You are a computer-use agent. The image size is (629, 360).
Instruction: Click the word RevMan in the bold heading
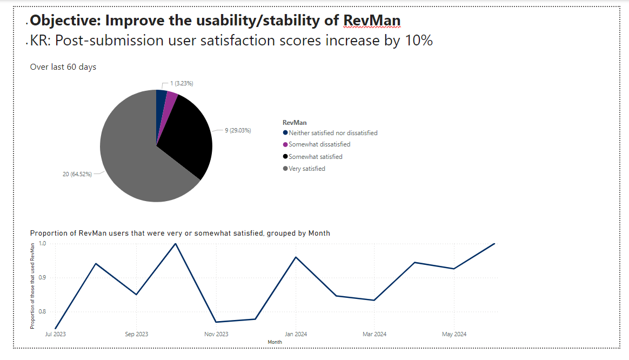click(x=372, y=21)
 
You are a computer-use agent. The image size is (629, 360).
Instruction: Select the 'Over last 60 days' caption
click(x=63, y=67)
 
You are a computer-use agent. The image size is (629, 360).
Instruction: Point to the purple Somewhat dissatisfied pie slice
click(x=171, y=99)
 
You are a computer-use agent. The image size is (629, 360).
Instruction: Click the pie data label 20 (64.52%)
click(x=76, y=174)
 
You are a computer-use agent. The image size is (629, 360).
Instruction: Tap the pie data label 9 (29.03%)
click(x=238, y=131)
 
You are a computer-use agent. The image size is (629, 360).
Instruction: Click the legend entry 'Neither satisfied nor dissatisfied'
click(x=333, y=133)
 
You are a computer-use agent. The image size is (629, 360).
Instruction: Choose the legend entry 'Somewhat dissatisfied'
click(x=319, y=145)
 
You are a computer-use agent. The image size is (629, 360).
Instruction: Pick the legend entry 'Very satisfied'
click(x=307, y=169)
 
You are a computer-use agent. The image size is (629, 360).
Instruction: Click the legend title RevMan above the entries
click(x=295, y=123)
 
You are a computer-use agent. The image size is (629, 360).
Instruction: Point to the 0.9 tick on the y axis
click(x=43, y=278)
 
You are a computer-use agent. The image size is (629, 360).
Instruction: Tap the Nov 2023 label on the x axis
click(x=216, y=334)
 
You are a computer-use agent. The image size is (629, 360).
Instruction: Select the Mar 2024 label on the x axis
click(x=375, y=334)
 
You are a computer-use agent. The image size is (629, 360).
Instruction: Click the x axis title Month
click(x=275, y=342)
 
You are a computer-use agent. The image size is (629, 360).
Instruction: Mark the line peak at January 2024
click(x=296, y=257)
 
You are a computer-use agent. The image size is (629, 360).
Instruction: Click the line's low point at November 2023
click(x=216, y=322)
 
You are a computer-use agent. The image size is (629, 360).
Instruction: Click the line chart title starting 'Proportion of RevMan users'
click(x=180, y=234)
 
